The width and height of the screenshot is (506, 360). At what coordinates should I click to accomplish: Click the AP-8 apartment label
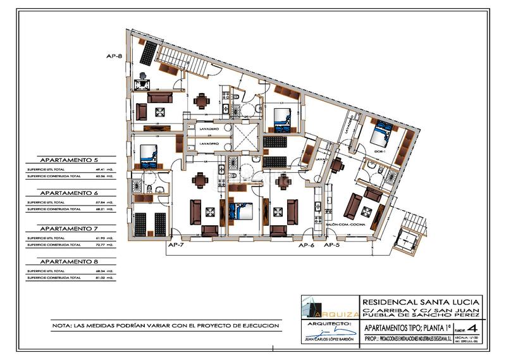point(114,56)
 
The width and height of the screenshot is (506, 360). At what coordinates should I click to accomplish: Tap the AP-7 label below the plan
point(176,244)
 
